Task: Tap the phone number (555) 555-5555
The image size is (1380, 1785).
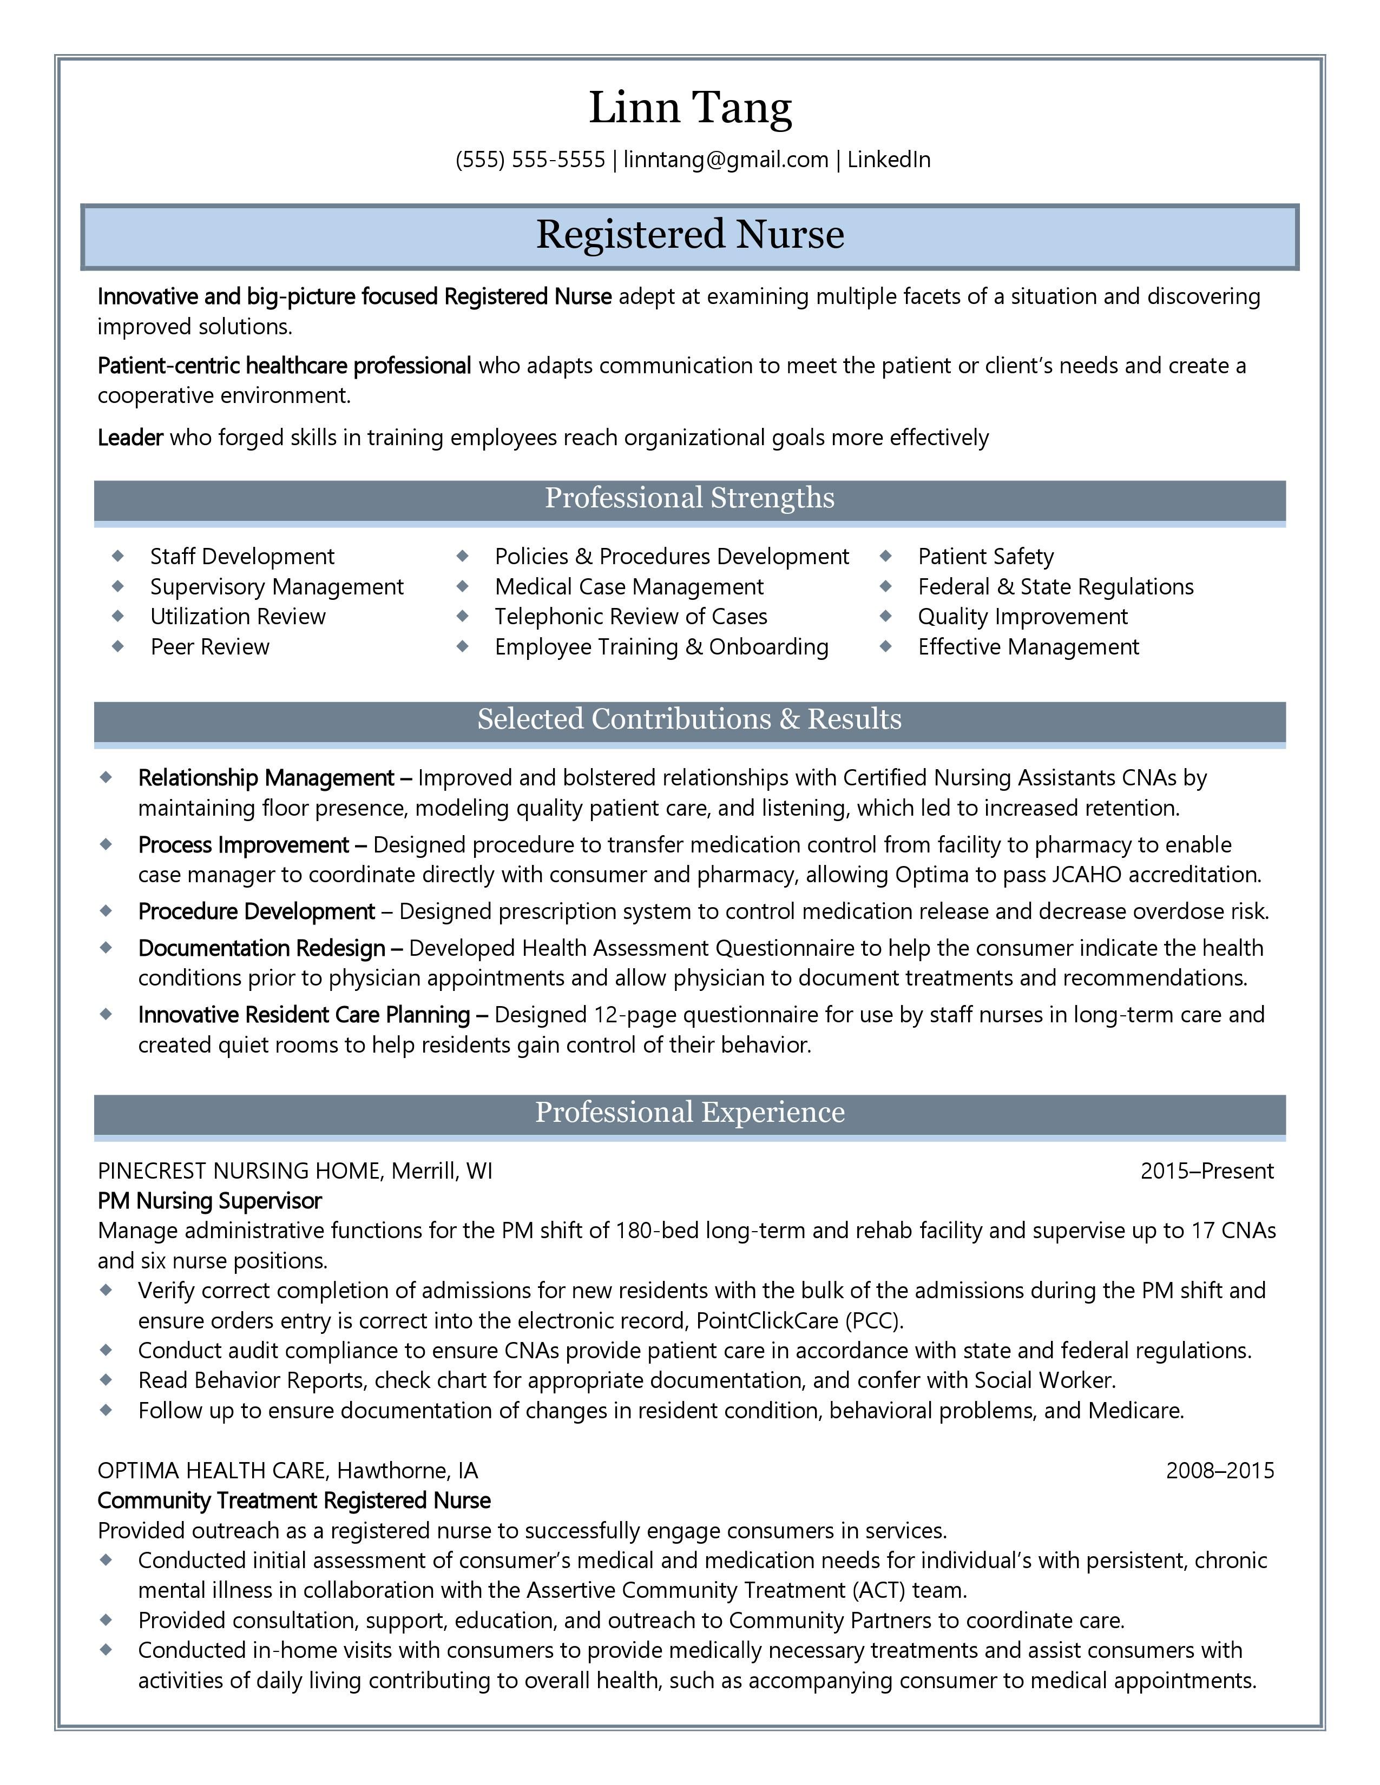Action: coord(530,160)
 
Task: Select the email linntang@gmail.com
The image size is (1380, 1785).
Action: coord(725,160)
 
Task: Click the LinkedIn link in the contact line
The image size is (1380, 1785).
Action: coord(888,160)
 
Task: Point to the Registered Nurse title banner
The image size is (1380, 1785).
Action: coord(690,235)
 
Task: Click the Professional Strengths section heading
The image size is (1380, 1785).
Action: coord(690,498)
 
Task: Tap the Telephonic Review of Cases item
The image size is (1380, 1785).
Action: coord(630,616)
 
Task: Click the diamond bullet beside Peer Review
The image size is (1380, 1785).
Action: coord(118,646)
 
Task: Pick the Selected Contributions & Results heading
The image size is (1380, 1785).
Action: coord(690,719)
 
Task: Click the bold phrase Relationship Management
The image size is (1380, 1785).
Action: coord(266,777)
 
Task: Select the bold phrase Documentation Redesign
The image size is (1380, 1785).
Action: coord(261,948)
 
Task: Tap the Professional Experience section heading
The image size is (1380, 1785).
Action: coord(690,1112)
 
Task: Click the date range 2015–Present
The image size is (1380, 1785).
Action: coord(1207,1171)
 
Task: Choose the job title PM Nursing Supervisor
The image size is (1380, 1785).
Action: coord(209,1201)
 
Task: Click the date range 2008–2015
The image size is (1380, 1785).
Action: coord(1219,1470)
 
